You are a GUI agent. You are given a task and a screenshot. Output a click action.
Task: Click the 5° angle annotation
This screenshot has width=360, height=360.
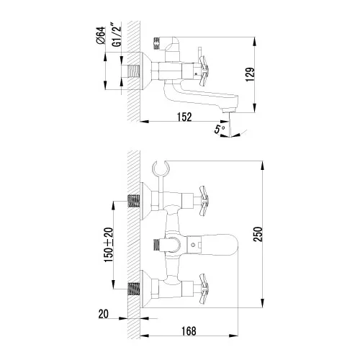click(x=220, y=129)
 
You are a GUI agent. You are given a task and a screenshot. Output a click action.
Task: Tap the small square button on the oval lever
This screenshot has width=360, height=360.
click(x=193, y=246)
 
